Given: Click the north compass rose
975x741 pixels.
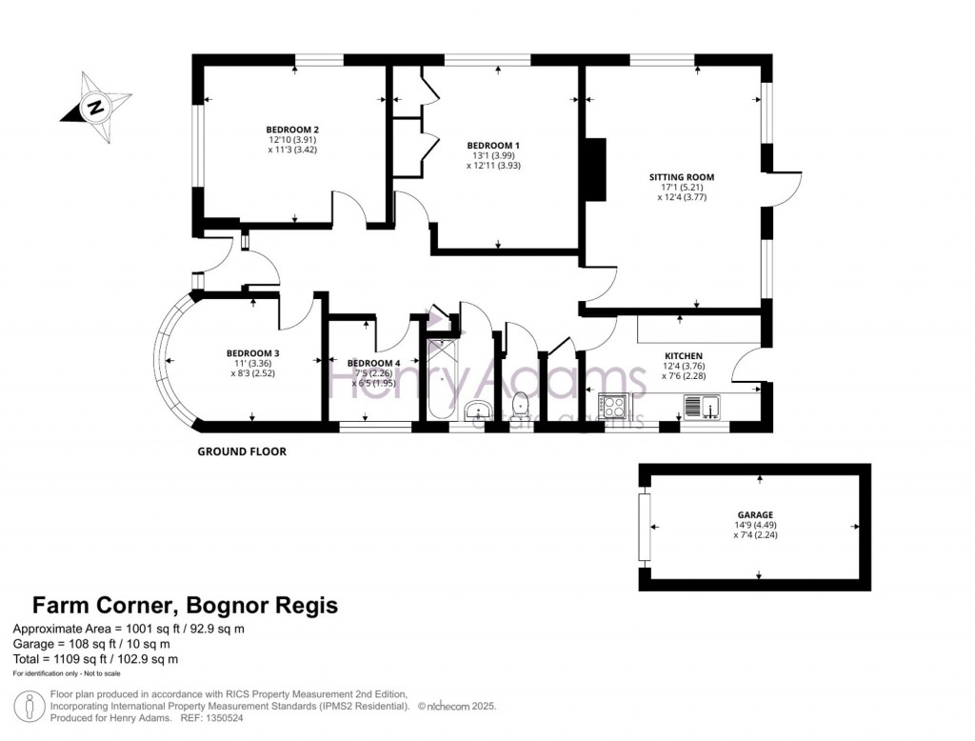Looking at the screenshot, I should [x=95, y=105].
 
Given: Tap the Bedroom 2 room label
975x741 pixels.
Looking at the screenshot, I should [x=292, y=130].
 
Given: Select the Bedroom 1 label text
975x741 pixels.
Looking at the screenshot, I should [x=493, y=145].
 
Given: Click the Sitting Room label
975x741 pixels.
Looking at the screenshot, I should [x=681, y=177].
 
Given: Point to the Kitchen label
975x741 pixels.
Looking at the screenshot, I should [x=683, y=355].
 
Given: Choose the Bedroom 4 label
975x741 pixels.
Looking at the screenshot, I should [x=373, y=363].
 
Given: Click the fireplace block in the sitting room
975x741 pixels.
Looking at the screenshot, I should [x=595, y=170].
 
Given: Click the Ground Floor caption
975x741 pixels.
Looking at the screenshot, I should [x=241, y=451].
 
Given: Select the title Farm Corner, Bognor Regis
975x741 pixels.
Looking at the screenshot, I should [x=185, y=606].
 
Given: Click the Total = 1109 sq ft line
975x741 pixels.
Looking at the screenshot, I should [x=94, y=658].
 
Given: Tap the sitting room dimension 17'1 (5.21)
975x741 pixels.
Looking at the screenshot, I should [x=681, y=188].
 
